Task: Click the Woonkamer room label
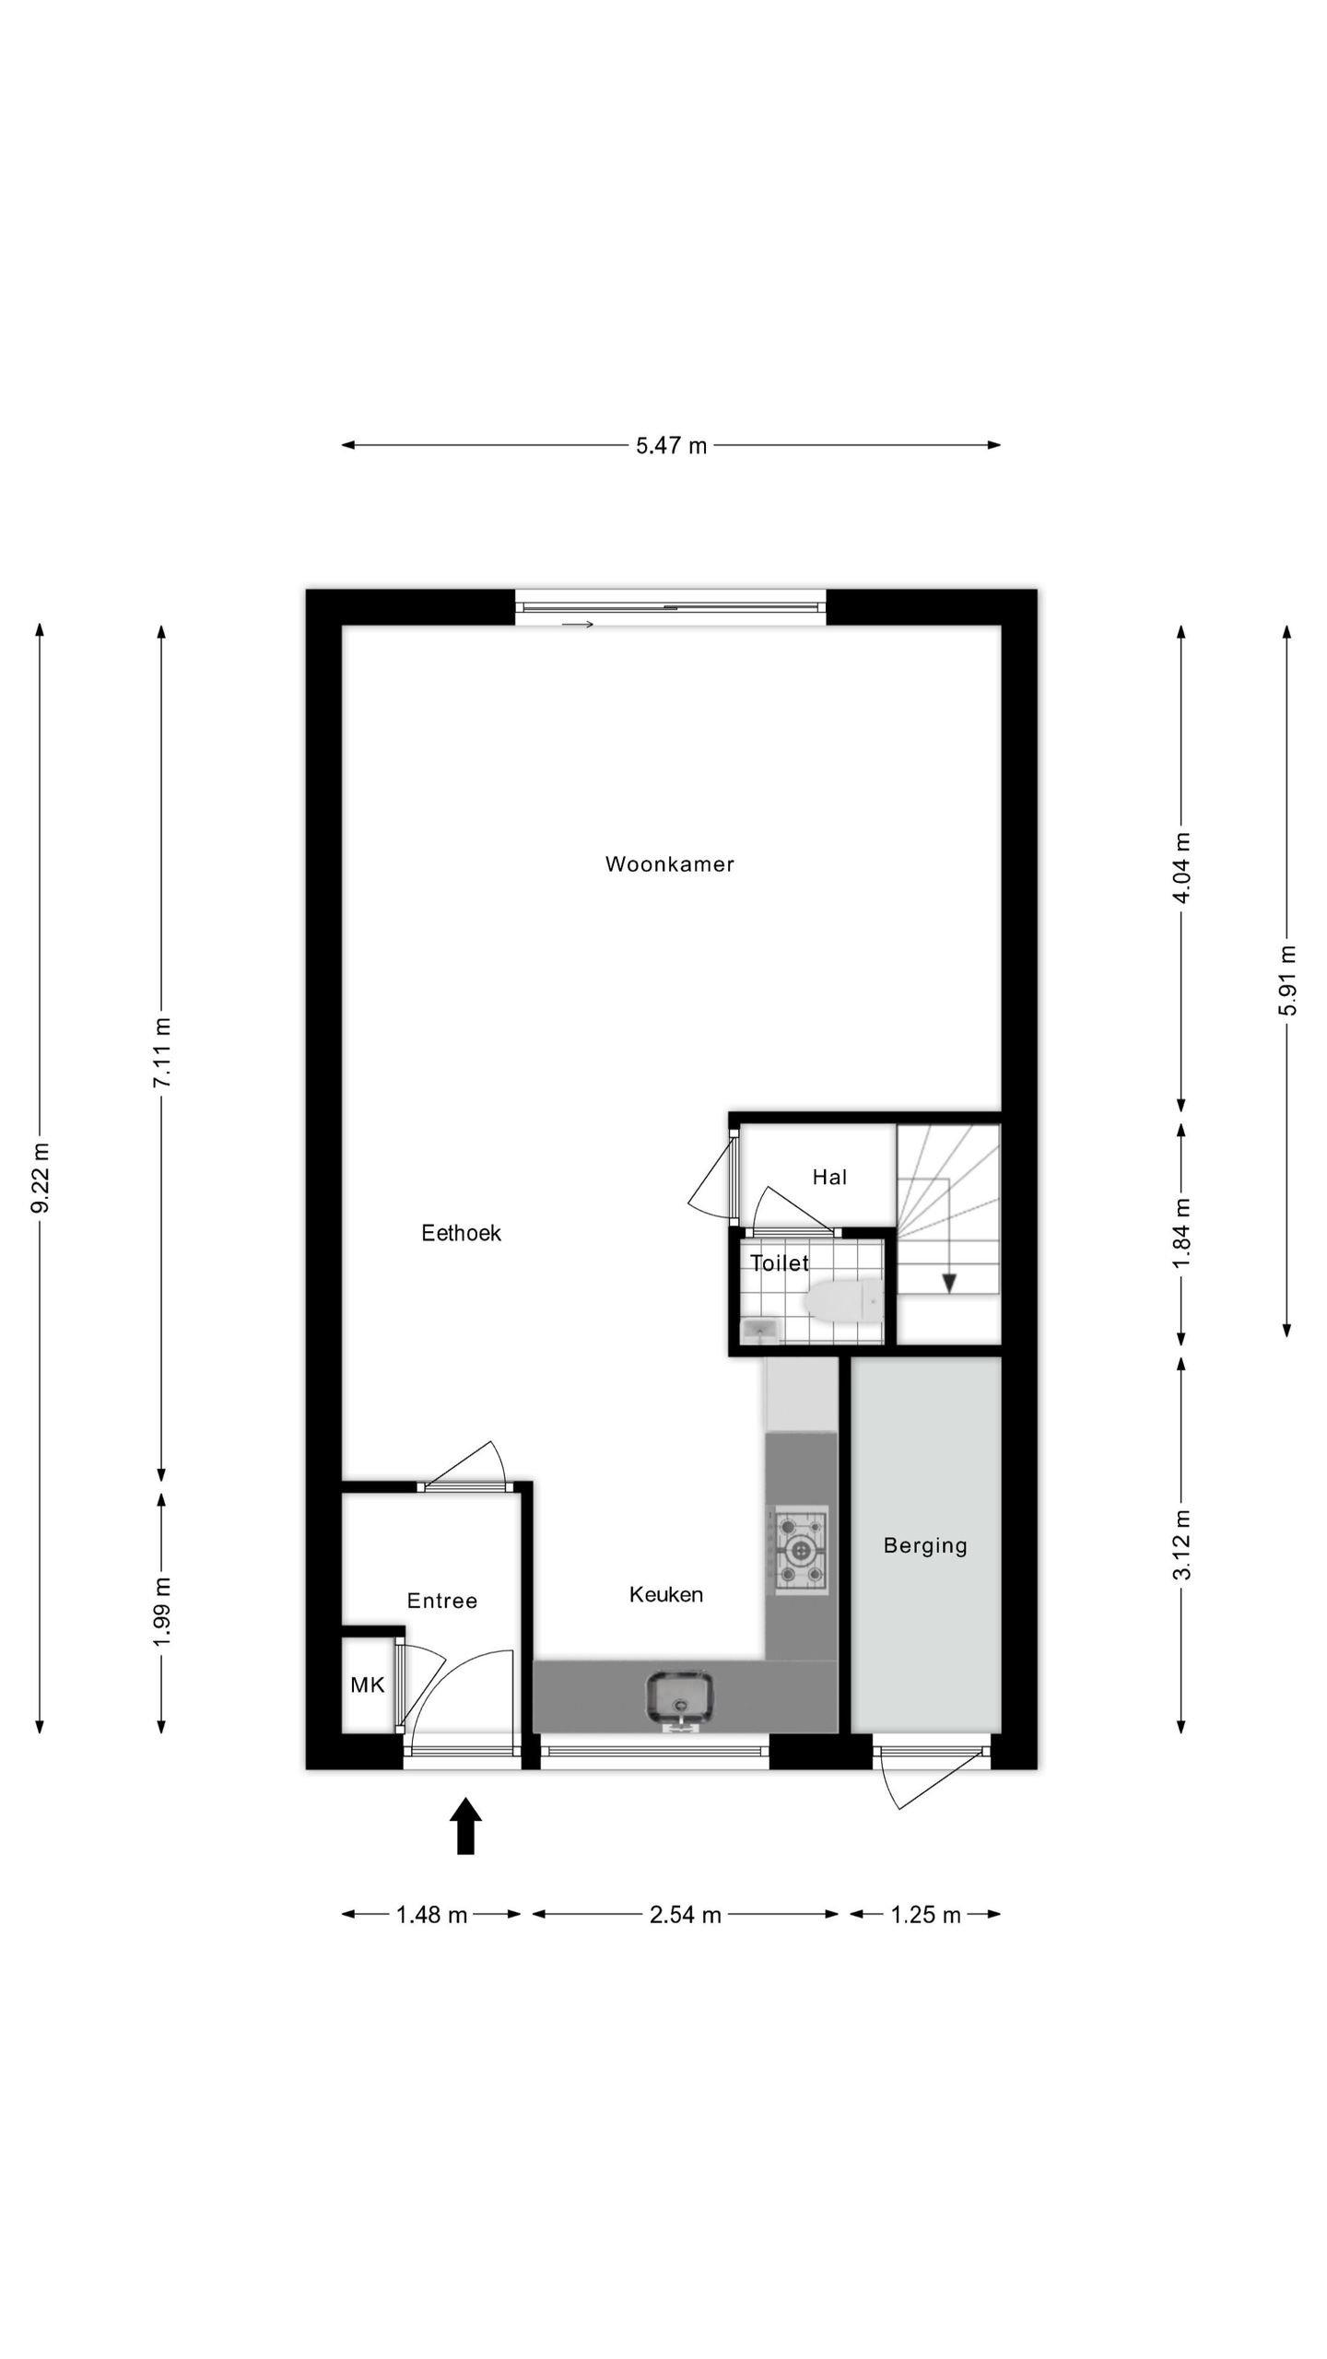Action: coord(669,864)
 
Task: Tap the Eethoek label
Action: coord(461,1233)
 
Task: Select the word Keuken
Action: coord(665,1594)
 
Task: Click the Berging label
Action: coord(925,1545)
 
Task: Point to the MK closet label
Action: coord(367,1685)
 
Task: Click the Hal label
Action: coord(829,1177)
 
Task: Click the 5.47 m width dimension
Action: coord(671,446)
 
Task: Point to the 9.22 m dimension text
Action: coord(40,1177)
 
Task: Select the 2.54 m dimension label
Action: coord(685,1915)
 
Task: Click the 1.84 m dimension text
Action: coord(1181,1232)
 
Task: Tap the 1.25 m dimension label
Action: coord(925,1915)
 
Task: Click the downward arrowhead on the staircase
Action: coord(948,1283)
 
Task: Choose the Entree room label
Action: coord(442,1601)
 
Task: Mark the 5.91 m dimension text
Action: coord(1287,980)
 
